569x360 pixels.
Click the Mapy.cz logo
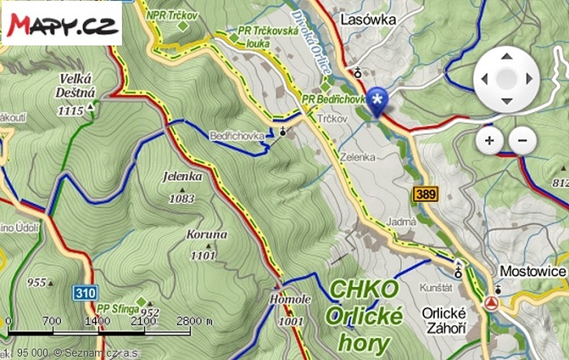[x=61, y=24]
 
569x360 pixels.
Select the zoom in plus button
[x=489, y=141]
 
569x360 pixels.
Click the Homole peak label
[x=290, y=300]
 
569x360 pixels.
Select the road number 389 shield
[x=423, y=194]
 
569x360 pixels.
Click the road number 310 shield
[x=83, y=292]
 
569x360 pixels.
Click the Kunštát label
[x=436, y=288]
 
